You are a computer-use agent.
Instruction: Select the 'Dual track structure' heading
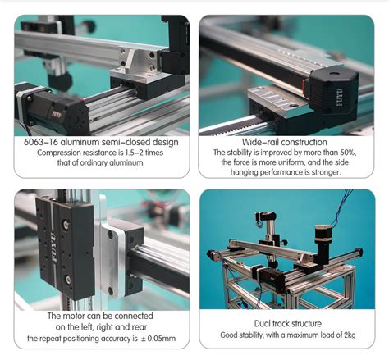(286, 323)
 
